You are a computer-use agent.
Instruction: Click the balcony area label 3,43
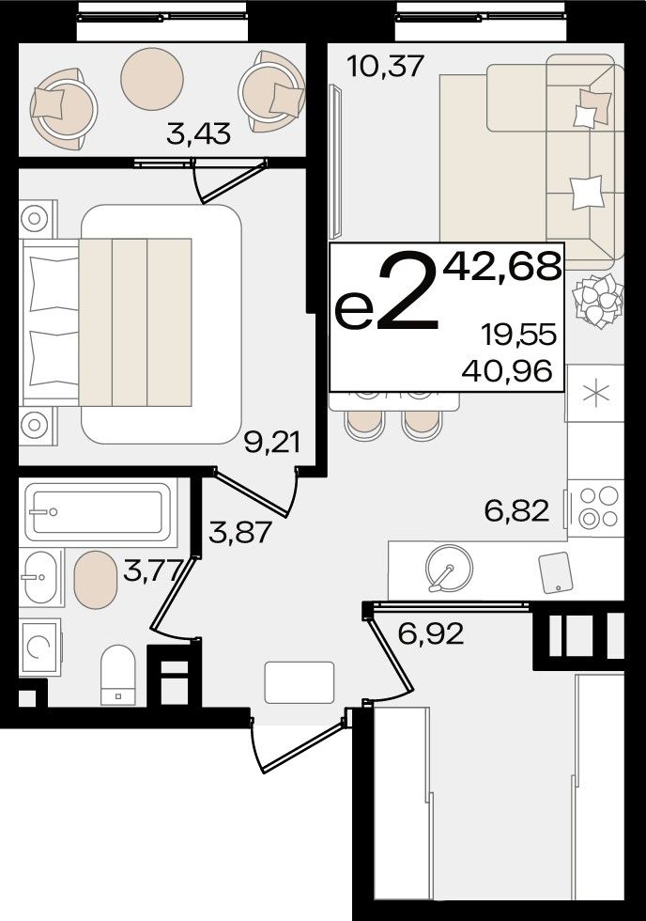tap(198, 134)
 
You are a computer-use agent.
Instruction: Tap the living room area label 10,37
tap(385, 66)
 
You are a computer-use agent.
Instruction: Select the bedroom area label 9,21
tap(271, 443)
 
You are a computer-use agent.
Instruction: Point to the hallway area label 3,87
tap(240, 533)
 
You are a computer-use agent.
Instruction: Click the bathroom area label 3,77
tap(152, 570)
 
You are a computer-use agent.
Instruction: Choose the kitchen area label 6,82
tap(517, 510)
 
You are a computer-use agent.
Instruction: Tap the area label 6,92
tap(431, 633)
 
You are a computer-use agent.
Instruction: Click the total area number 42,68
tap(502, 267)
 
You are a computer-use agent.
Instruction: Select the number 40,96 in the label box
tap(507, 370)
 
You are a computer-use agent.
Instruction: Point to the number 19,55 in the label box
tap(518, 336)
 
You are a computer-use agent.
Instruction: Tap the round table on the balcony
tap(152, 79)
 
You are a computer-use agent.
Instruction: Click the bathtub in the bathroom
tap(98, 511)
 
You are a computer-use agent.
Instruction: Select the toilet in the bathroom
tap(118, 675)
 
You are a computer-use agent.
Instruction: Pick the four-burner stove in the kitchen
tap(595, 507)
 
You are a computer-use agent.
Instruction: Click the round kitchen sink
tap(449, 568)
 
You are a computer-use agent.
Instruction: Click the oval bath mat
tap(96, 580)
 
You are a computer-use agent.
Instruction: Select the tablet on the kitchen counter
tap(555, 572)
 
